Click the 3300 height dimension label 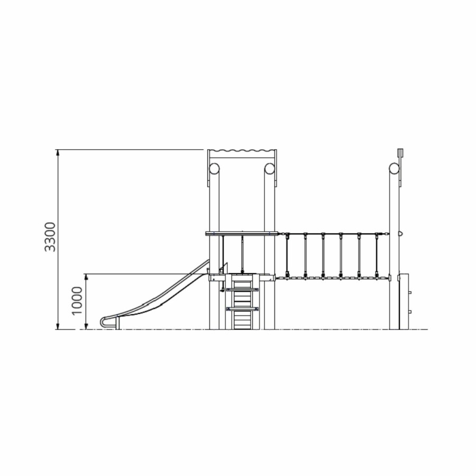click(x=50, y=237)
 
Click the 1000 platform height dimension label click(x=77, y=301)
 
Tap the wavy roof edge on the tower click(x=242, y=151)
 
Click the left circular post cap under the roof click(x=214, y=169)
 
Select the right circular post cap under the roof click(x=270, y=169)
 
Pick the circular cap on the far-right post click(x=395, y=169)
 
